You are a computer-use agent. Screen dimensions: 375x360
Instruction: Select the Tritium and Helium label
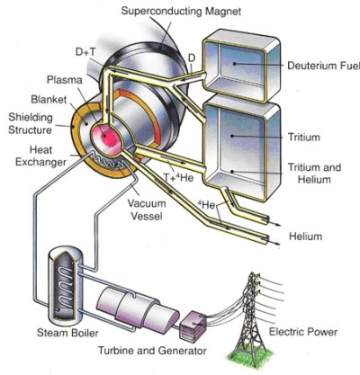(x=310, y=176)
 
